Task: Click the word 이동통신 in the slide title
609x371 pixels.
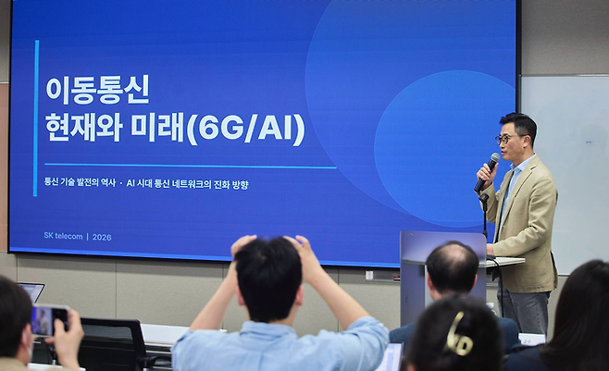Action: [97, 90]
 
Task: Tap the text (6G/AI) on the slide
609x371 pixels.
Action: [245, 128]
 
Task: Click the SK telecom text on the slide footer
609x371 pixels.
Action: [62, 236]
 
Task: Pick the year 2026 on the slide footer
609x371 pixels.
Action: [102, 236]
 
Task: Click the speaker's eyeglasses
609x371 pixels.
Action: [508, 139]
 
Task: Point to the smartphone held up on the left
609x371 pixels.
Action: [47, 319]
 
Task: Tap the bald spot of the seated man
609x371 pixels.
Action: [452, 259]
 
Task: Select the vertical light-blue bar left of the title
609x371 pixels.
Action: [36, 117]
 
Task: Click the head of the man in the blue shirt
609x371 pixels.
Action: [268, 278]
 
